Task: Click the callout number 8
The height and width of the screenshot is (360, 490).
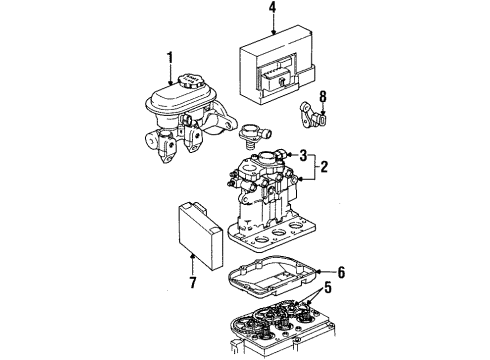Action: (323, 98)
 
